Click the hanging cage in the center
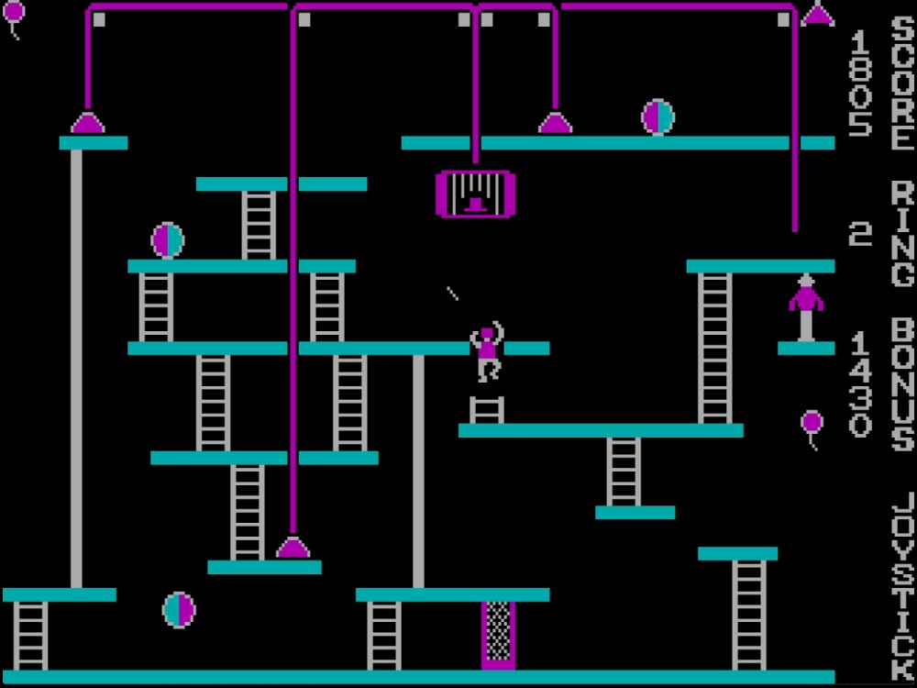pyautogui.click(x=475, y=194)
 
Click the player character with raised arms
pyautogui.click(x=487, y=351)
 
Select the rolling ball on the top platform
pyautogui.click(x=657, y=117)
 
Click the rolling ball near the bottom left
pyautogui.click(x=179, y=609)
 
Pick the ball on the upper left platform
pyautogui.click(x=168, y=240)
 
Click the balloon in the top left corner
pyautogui.click(x=14, y=15)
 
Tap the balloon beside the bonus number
pyautogui.click(x=812, y=424)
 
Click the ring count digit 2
pyautogui.click(x=860, y=235)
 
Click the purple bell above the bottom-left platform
pyautogui.click(x=293, y=548)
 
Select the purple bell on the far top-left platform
pyautogui.click(x=88, y=122)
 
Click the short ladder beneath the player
pyautogui.click(x=487, y=409)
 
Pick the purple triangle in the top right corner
pyautogui.click(x=818, y=15)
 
